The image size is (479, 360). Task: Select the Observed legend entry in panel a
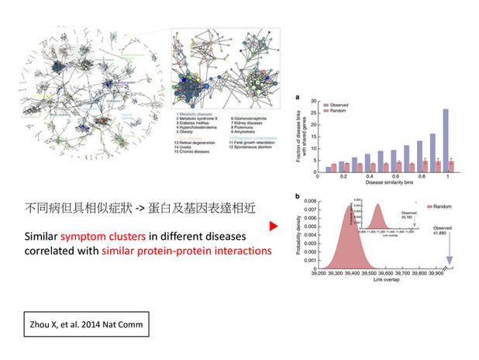pos(337,104)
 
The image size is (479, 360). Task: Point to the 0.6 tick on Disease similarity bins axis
pos(388,176)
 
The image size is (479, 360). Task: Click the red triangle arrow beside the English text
pos(273,227)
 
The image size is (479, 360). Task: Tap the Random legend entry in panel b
pos(443,206)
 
